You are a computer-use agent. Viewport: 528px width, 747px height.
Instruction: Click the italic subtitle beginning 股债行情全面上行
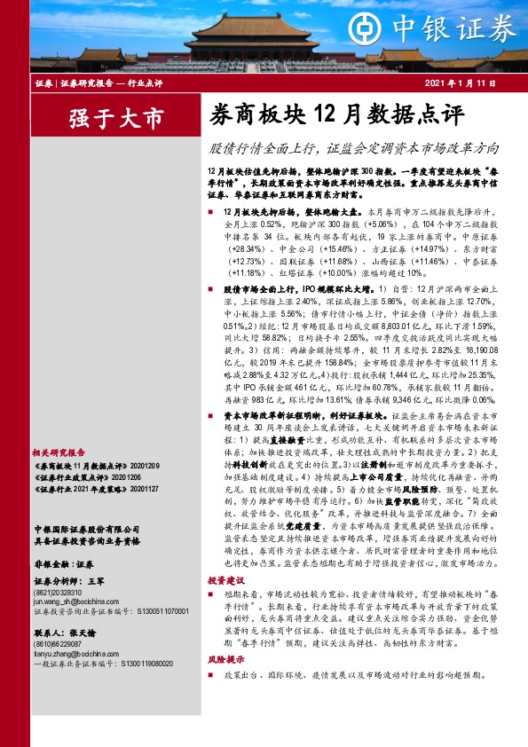(x=352, y=148)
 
